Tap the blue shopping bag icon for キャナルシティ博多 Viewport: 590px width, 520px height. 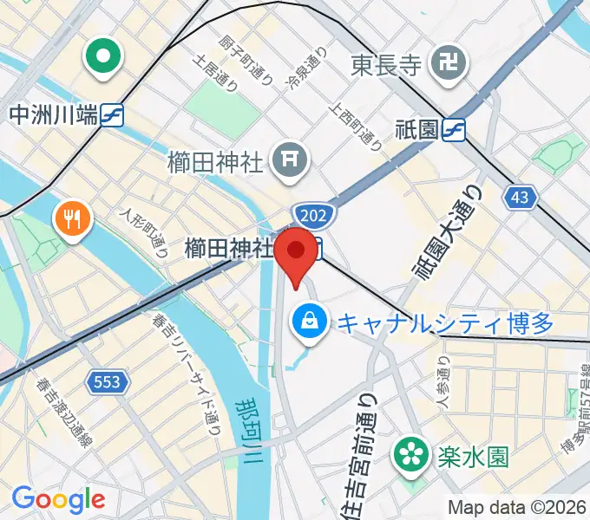(x=309, y=322)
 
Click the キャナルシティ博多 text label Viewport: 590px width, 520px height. (x=443, y=324)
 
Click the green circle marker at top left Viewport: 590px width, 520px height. (x=102, y=57)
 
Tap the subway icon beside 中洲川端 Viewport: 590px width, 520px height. (x=112, y=114)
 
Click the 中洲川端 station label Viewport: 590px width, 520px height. (x=52, y=114)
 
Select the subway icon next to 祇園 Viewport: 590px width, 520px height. (x=454, y=130)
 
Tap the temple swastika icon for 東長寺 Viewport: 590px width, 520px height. (x=452, y=62)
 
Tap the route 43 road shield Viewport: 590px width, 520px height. (x=519, y=198)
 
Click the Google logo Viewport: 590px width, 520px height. (x=58, y=499)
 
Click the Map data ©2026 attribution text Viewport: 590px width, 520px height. (x=516, y=508)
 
